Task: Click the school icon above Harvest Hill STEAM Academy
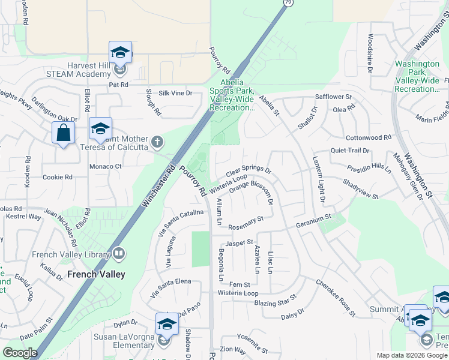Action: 120,52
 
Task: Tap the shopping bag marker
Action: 64,133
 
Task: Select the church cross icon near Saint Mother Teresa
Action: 157,142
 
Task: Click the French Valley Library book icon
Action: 119,254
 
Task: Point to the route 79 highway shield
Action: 287,3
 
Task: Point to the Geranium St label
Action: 313,221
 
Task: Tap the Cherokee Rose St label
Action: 336,297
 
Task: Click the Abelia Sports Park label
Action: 232,95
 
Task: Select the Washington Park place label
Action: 418,76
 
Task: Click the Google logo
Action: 20,353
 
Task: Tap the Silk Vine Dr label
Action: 175,93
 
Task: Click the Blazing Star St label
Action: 275,301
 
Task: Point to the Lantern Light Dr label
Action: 318,179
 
